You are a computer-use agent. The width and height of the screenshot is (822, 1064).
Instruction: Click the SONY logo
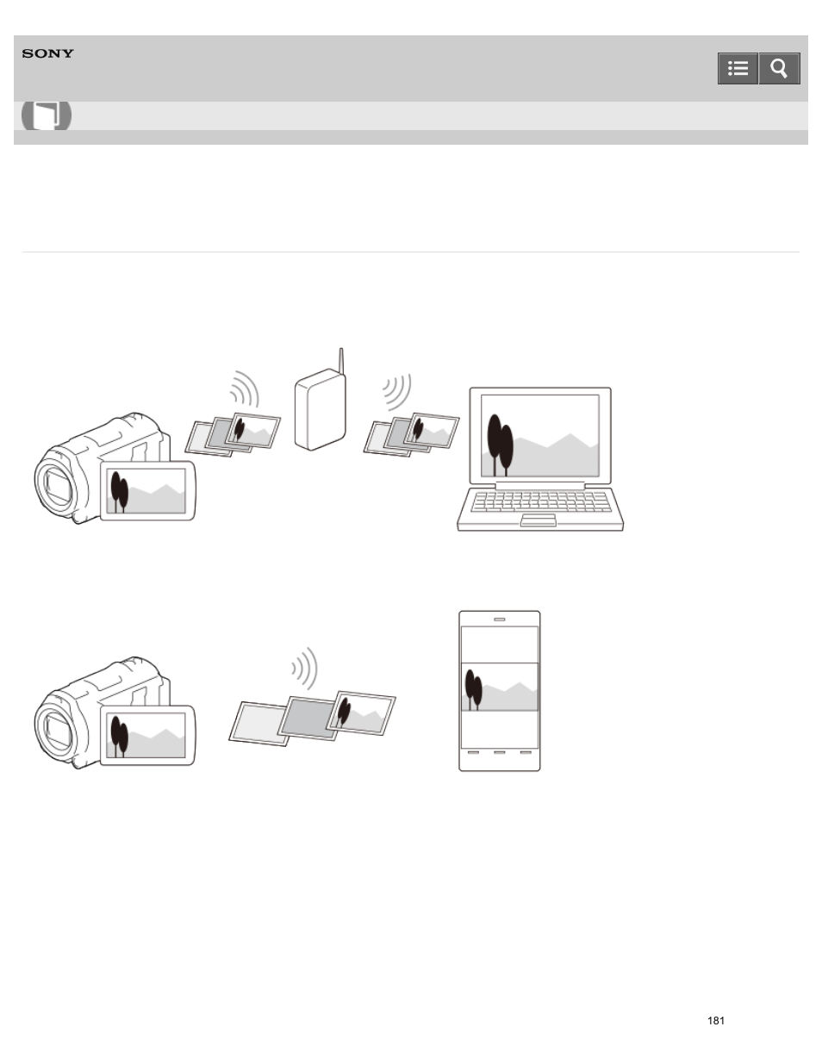click(x=48, y=53)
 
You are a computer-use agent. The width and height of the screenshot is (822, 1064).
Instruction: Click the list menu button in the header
click(x=738, y=69)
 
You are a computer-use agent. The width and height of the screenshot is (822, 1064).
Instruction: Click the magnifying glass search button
click(x=779, y=69)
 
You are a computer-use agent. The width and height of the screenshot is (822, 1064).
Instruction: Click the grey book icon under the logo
click(x=47, y=115)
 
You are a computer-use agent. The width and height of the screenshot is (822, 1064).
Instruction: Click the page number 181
click(x=715, y=1020)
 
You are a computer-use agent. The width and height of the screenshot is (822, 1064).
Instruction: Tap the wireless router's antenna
click(x=341, y=362)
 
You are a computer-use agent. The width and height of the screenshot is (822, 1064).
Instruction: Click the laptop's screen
click(x=539, y=435)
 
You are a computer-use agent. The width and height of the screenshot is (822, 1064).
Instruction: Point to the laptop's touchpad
click(x=539, y=520)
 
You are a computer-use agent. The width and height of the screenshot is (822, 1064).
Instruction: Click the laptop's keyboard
click(x=540, y=501)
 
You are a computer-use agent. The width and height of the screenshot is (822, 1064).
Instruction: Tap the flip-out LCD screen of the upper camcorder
click(x=147, y=491)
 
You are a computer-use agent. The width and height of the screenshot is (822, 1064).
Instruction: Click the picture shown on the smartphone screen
click(x=500, y=687)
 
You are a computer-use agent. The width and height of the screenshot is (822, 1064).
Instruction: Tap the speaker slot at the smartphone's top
click(x=499, y=619)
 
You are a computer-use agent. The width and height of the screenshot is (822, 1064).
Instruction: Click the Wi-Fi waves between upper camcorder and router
click(x=245, y=389)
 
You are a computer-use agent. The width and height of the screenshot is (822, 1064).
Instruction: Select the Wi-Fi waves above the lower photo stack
click(x=305, y=668)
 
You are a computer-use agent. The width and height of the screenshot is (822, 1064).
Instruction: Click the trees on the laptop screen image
click(x=500, y=444)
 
